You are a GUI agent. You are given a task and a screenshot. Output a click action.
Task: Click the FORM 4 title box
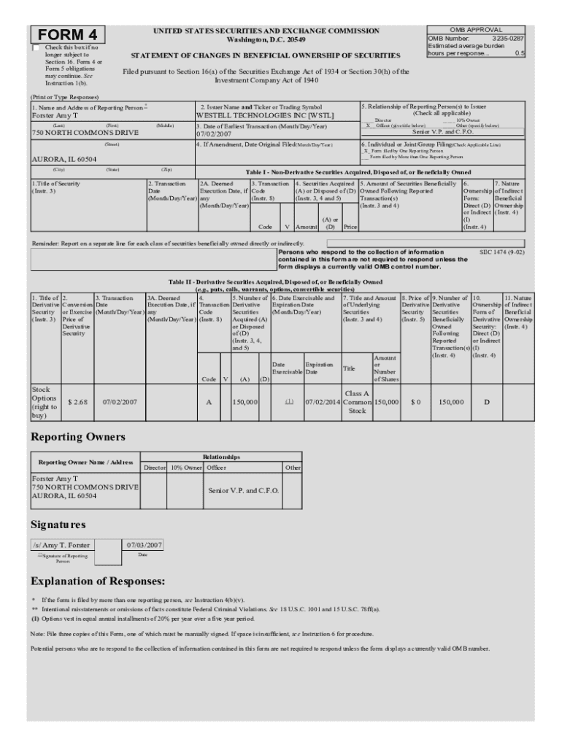(x=68, y=34)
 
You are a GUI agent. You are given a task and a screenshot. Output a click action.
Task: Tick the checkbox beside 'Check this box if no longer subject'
(x=36, y=48)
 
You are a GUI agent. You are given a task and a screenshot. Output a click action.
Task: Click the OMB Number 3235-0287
(x=476, y=38)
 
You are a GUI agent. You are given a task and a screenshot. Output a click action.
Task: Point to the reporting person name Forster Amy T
(x=55, y=115)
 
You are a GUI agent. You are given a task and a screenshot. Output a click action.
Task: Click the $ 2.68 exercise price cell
(x=77, y=402)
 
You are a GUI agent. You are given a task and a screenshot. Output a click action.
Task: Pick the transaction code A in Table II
(x=209, y=402)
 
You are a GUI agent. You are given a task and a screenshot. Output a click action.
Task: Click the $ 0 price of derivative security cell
(x=415, y=402)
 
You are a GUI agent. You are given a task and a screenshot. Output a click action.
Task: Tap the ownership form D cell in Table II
(x=486, y=402)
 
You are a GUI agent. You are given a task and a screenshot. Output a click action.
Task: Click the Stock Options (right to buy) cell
(x=45, y=403)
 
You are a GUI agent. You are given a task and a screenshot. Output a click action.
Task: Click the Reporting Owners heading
(x=78, y=437)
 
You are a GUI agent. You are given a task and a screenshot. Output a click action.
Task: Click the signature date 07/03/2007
(x=144, y=544)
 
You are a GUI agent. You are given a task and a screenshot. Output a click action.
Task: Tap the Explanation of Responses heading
(x=98, y=581)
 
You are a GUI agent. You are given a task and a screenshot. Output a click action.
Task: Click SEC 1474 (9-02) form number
(x=499, y=251)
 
